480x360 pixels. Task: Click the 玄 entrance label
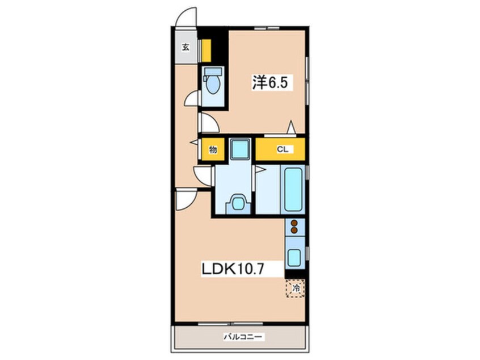coord(186,48)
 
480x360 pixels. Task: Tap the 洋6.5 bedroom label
coord(270,82)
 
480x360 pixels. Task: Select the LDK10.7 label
coord(233,269)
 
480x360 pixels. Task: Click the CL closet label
coord(283,149)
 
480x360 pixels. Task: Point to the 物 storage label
coord(213,150)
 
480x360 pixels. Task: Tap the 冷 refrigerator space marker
coord(296,288)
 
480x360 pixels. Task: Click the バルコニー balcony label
coord(243,337)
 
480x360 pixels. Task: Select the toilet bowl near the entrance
coord(213,84)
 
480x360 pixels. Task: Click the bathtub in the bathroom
coord(293,189)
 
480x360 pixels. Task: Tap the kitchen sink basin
coord(295,258)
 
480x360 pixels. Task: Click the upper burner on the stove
coord(294,223)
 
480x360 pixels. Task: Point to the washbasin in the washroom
coord(238,203)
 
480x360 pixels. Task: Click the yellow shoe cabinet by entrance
coord(207,50)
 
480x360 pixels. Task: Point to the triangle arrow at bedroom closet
coord(291,127)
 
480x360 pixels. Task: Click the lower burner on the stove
coord(294,230)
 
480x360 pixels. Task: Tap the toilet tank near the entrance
coord(213,72)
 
